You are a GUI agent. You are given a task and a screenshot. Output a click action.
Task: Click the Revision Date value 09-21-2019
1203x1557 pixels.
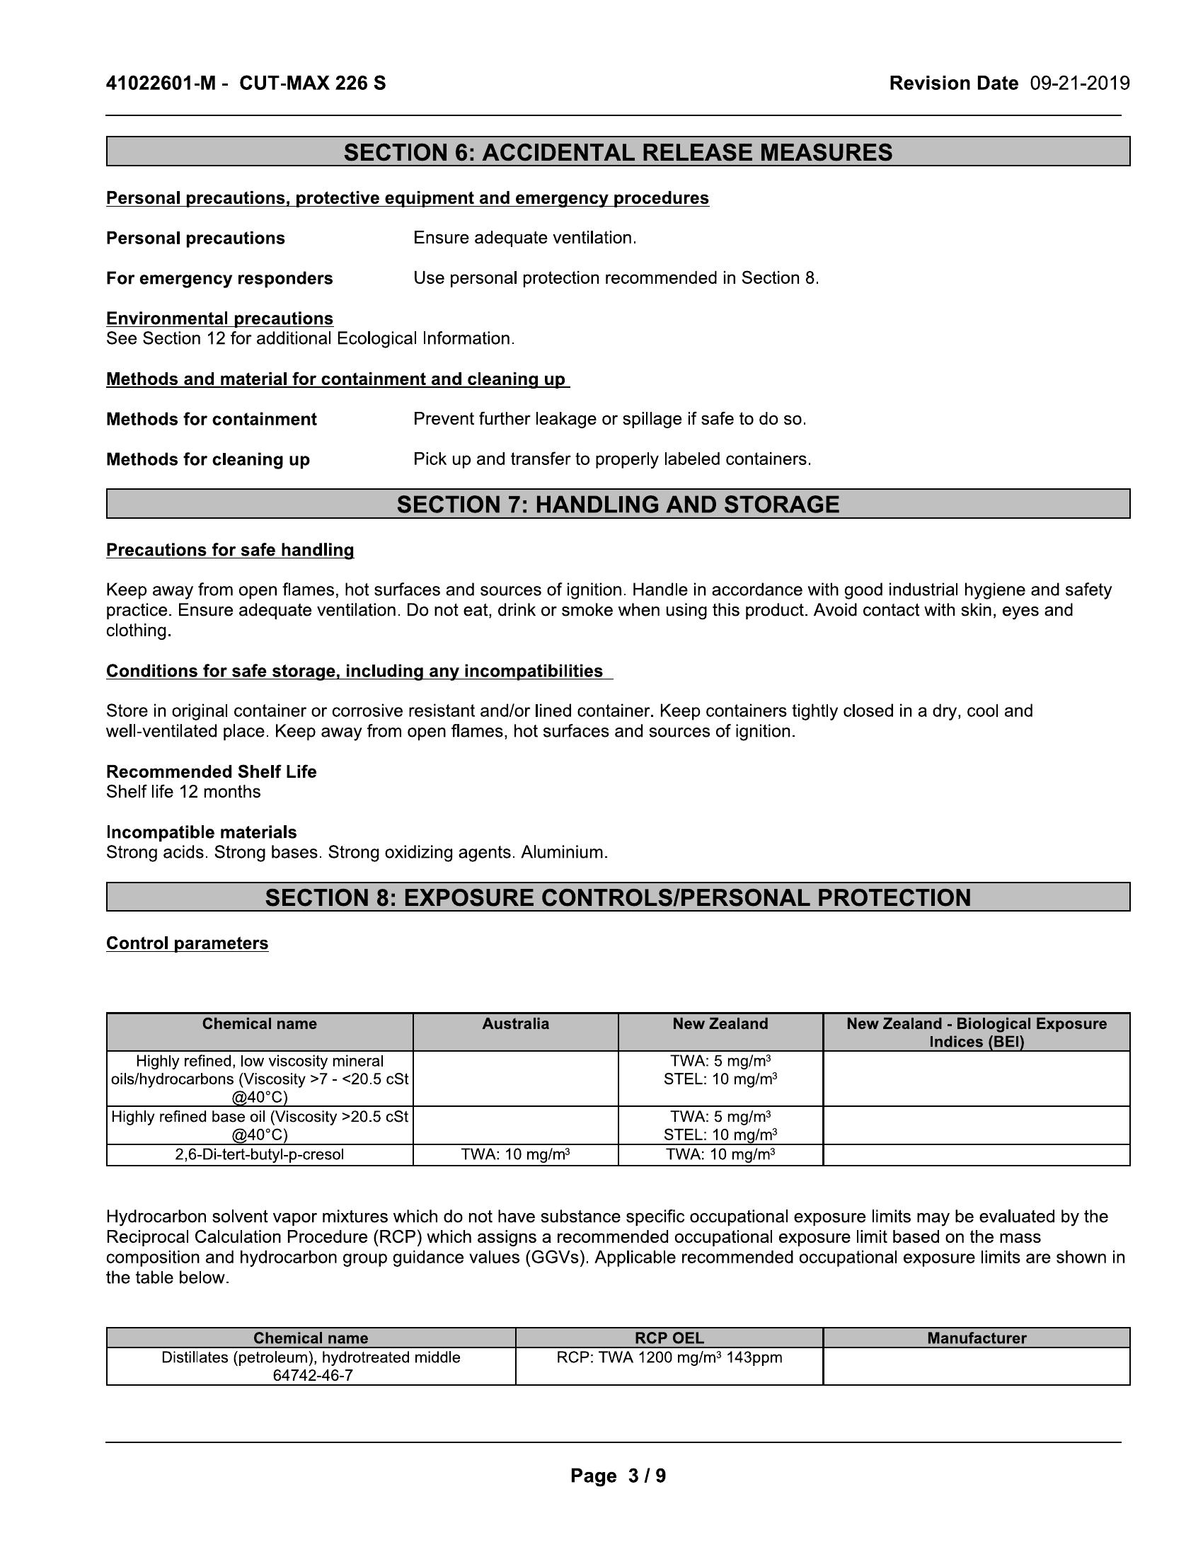coord(1079,84)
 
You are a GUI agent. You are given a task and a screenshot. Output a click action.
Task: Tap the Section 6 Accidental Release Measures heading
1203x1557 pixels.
coord(617,152)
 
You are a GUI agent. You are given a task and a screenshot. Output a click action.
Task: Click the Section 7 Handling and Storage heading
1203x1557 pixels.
coord(617,504)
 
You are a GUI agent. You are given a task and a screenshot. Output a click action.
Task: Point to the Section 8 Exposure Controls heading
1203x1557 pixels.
coord(617,897)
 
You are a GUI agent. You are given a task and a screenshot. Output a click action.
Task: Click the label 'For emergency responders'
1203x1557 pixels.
coord(219,278)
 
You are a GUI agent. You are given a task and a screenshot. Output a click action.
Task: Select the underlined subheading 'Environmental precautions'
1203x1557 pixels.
coord(219,318)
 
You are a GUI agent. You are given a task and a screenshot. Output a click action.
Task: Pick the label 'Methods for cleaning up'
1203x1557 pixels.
coord(207,459)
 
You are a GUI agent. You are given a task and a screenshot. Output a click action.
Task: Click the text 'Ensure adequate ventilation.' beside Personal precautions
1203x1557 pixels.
coord(524,238)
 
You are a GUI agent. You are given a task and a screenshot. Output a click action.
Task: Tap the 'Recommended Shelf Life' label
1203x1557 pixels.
coord(211,771)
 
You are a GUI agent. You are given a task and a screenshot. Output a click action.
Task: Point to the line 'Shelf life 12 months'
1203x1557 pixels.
coord(183,791)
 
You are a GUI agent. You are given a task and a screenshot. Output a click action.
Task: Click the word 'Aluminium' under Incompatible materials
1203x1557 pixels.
coord(563,852)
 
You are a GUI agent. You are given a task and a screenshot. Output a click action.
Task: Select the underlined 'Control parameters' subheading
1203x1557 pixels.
coord(187,943)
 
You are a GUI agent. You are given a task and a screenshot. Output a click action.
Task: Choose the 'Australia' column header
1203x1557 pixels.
coord(515,1024)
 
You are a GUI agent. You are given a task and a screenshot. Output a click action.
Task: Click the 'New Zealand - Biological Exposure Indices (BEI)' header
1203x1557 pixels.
coord(976,1033)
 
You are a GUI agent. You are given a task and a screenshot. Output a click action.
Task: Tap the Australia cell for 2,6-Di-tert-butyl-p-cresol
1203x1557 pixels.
coord(515,1154)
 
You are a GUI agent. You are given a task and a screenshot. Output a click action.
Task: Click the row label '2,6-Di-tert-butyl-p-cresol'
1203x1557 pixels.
coord(260,1154)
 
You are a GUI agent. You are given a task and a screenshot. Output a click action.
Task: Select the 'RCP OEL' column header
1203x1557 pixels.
coord(669,1338)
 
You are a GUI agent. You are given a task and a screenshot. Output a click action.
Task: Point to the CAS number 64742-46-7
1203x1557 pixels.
coord(311,1375)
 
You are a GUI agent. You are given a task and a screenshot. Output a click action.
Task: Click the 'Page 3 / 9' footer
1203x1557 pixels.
coord(618,1476)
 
